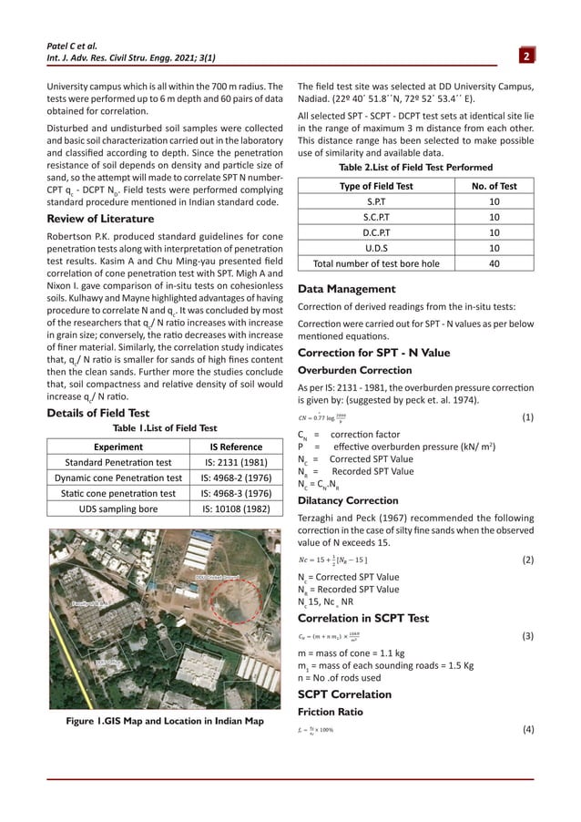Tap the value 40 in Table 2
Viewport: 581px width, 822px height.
coord(493,263)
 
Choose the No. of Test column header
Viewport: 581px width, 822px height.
coord(493,186)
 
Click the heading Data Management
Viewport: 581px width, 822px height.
coord(346,289)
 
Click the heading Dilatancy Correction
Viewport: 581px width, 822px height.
coord(348,500)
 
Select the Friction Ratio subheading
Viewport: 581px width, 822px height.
coord(332,711)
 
